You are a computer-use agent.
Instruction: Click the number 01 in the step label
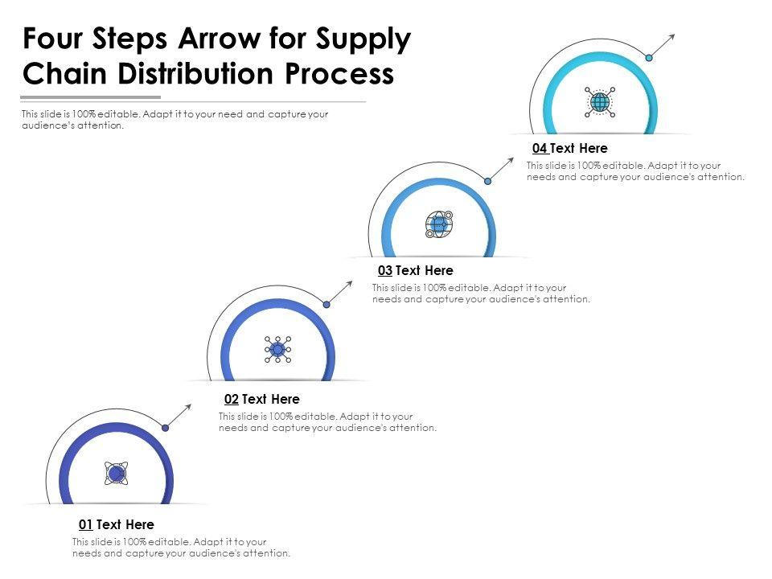85,525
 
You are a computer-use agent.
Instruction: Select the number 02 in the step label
231,400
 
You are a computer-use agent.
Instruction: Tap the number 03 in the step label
384,271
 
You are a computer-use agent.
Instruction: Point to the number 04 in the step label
540,149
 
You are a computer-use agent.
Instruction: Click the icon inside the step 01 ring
116,474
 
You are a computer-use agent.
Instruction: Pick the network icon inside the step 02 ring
277,349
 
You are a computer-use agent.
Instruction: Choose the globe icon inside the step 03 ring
439,224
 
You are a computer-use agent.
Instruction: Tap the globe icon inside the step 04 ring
600,102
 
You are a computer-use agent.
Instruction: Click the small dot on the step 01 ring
165,428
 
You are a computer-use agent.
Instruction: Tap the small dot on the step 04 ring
648,57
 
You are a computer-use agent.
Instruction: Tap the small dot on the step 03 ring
487,181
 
